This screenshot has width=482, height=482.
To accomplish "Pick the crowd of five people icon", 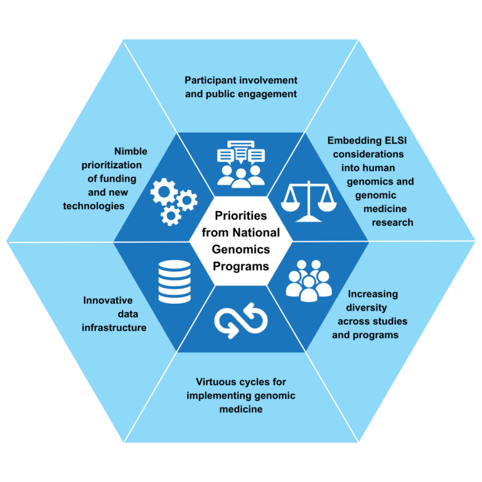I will (308, 279).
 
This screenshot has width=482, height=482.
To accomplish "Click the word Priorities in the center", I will (241, 215).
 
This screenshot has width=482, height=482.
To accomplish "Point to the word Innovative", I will (108, 300).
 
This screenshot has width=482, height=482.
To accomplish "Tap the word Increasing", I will (373, 294).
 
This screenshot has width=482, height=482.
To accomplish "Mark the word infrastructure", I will (114, 328).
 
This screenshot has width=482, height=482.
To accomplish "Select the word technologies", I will (94, 206).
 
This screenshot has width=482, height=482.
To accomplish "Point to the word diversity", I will (367, 308).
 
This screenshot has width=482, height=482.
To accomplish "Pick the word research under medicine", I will (393, 222).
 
